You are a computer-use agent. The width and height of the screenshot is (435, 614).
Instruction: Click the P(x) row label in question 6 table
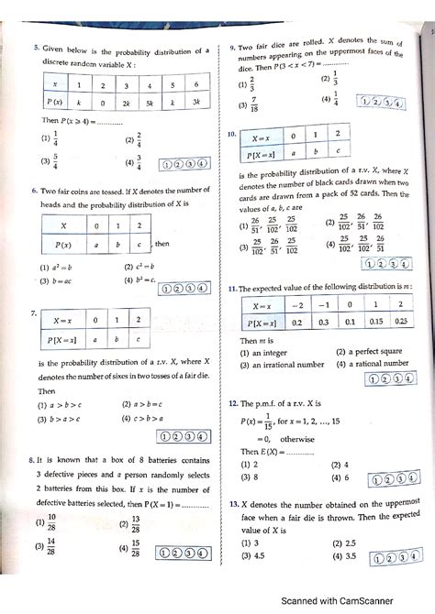click(63, 245)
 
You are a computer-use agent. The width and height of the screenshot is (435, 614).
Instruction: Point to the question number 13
click(234, 503)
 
